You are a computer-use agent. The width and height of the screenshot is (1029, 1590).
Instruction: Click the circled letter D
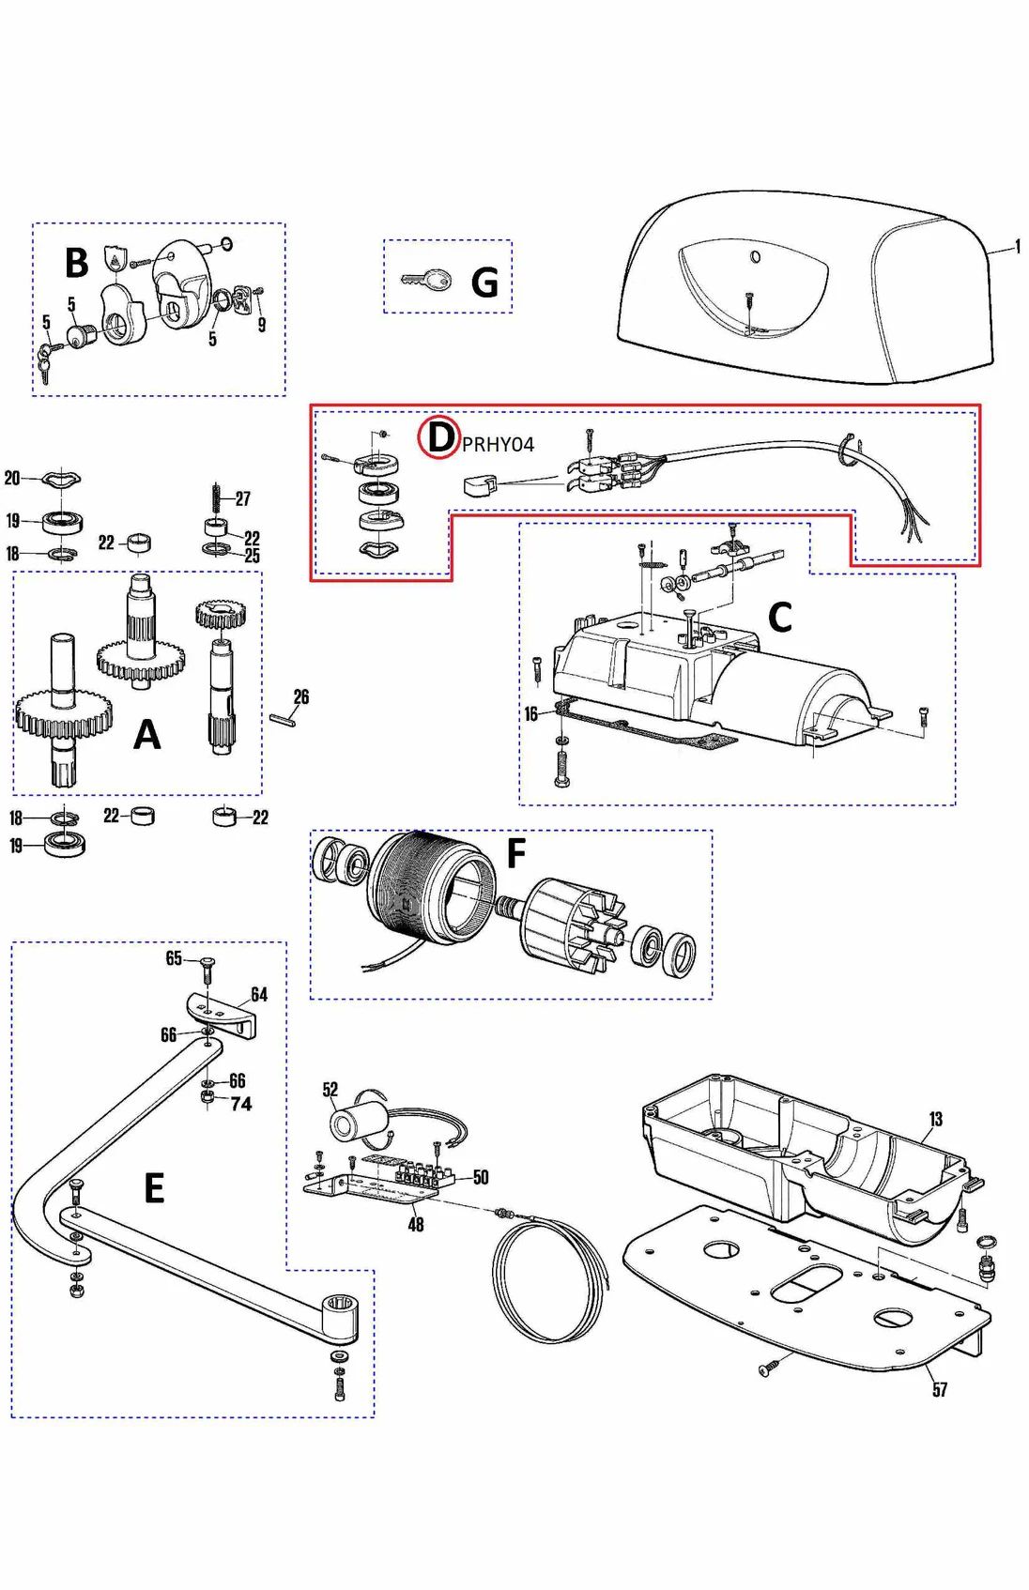coord(438,437)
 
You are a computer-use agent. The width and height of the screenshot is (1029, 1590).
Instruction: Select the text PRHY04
coord(498,444)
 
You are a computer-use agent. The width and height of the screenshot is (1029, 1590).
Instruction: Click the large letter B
coord(76,263)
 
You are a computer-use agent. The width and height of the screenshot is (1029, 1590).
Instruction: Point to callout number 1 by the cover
coord(1018,246)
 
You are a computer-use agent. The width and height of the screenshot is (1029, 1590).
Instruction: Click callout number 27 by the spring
coord(243,498)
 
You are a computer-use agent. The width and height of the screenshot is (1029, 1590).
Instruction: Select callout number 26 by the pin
coord(300,696)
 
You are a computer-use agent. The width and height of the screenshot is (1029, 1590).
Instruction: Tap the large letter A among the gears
coord(146,735)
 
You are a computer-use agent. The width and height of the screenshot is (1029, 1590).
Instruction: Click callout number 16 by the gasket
coord(530,714)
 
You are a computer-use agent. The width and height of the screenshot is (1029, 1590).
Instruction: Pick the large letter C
coord(779,618)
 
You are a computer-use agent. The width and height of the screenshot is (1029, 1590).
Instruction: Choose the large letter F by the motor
coord(515,854)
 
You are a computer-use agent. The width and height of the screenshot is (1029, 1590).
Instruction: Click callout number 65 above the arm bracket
coord(174,957)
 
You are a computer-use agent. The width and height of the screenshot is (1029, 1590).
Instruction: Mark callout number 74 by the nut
coord(241,1104)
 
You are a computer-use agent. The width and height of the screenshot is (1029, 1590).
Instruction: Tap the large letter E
coord(154,1188)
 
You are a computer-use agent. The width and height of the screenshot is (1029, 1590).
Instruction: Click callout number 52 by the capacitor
coord(330,1090)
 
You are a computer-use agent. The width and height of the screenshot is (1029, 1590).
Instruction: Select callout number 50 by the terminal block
coord(481,1177)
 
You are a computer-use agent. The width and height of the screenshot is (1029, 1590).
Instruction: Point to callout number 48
coord(416,1224)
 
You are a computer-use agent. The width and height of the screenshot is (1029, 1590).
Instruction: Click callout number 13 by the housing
coord(935,1119)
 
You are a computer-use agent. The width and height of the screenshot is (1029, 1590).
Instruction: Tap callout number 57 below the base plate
coord(940,1389)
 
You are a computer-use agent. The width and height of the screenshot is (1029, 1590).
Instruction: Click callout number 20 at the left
coord(12,478)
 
